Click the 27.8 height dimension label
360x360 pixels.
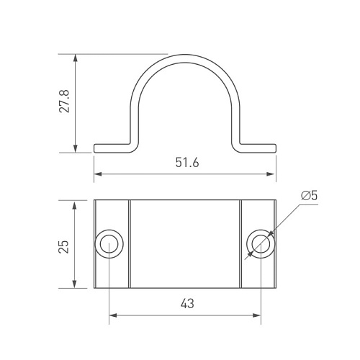pos(64,102)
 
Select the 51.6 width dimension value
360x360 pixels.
pos(187,163)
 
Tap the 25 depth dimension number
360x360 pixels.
pos(64,246)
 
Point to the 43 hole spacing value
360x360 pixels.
pos(187,304)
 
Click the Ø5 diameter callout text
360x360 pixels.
pos(310,196)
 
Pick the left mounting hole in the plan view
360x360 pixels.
pos(109,244)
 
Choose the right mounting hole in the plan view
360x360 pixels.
pos(261,244)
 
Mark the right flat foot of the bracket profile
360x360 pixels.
pos(258,148)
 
